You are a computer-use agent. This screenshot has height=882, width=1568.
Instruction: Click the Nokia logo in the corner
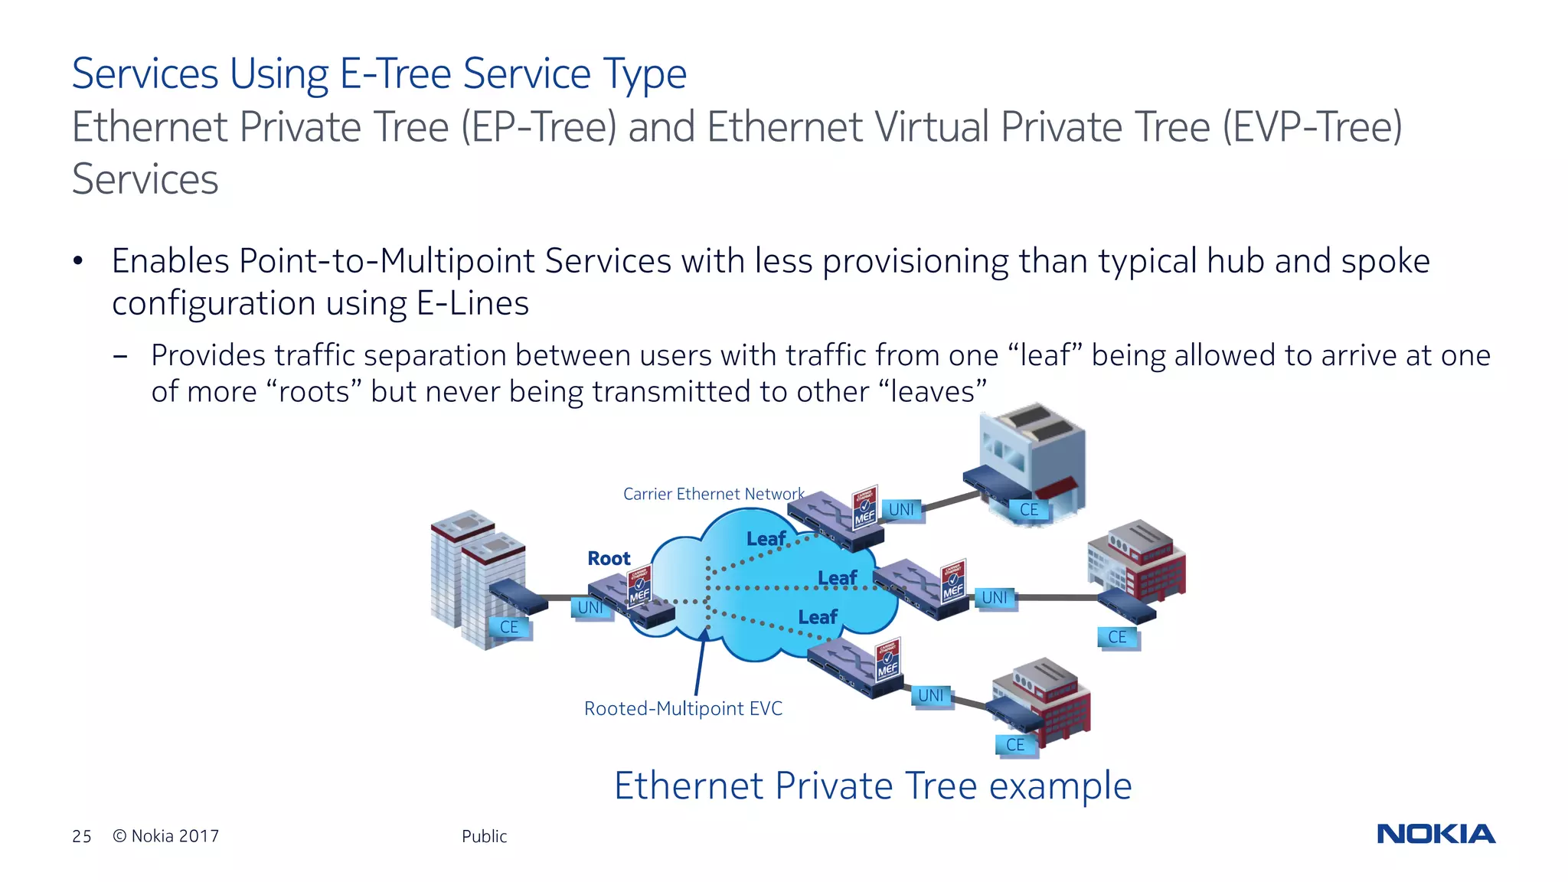click(1436, 834)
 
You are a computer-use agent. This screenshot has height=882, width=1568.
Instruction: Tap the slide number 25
click(82, 836)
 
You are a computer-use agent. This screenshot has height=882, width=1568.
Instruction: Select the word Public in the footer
click(484, 836)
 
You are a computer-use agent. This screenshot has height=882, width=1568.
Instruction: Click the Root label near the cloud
click(609, 558)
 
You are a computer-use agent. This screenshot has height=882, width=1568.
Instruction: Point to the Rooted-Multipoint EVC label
click(683, 708)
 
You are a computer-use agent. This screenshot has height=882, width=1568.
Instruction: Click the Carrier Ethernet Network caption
click(713, 494)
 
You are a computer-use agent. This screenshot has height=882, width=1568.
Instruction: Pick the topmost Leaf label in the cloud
click(766, 539)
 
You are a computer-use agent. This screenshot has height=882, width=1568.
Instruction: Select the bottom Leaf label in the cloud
click(818, 617)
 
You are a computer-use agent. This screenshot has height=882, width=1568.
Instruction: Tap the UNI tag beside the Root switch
click(590, 608)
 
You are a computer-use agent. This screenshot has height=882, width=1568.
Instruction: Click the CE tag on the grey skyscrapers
click(509, 627)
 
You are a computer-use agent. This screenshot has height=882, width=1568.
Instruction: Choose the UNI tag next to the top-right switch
click(902, 509)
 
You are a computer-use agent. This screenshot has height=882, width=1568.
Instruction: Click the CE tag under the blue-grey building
click(1029, 509)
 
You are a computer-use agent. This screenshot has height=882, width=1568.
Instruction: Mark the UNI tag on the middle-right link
click(995, 597)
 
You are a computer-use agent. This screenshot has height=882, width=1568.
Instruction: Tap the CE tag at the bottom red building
click(1015, 744)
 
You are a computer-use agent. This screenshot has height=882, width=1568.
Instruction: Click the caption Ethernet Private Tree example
click(873, 786)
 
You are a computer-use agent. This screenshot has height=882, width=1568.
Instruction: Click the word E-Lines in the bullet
click(472, 303)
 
